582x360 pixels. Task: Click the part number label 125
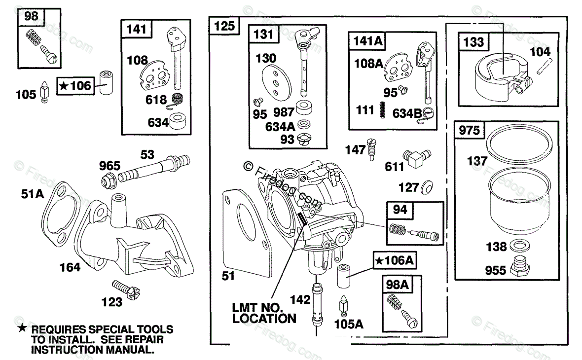point(225,27)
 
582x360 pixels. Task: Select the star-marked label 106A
point(394,260)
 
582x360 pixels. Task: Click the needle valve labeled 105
point(44,92)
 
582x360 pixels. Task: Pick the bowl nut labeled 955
point(518,266)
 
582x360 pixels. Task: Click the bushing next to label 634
point(179,121)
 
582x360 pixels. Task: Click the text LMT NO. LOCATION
point(264,313)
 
